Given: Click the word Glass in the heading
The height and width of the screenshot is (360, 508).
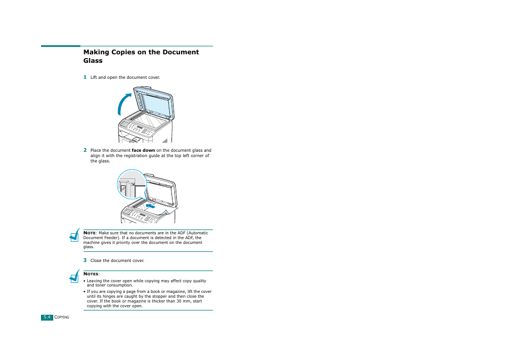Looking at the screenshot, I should click(93, 61).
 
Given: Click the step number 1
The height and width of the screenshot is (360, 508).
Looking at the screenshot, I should click(85, 77).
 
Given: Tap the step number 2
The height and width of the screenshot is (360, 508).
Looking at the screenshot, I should click(85, 150).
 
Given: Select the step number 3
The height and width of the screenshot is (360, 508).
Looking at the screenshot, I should click(85, 260).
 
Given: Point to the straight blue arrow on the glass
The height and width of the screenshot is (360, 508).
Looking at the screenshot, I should click(151, 204).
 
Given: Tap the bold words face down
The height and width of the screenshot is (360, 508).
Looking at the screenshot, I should click(143, 151).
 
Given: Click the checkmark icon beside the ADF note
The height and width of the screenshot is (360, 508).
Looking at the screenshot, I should click(75, 235).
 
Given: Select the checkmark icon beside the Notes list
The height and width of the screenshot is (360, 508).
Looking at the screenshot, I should click(75, 276).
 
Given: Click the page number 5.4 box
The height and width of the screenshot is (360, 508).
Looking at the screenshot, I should click(47, 317).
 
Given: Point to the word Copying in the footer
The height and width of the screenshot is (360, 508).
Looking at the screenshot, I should click(62, 317).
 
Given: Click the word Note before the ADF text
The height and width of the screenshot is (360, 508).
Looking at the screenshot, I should click(89, 233).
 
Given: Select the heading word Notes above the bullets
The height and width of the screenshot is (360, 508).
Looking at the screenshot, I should click(91, 274).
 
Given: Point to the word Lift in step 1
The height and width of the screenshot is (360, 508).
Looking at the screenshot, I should click(94, 78).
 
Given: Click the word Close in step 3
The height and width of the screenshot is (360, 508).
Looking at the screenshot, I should click(96, 261).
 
